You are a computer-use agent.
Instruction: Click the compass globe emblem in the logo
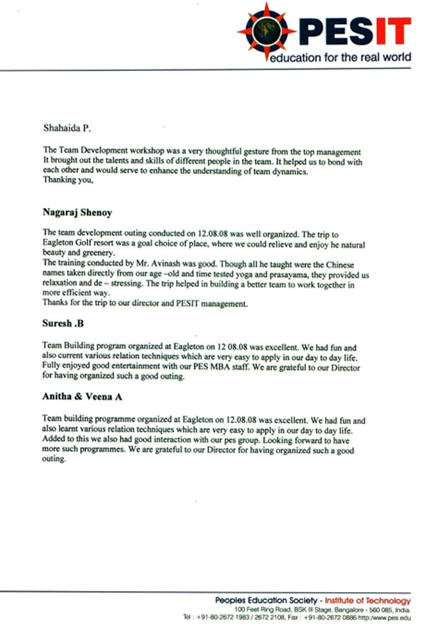pyautogui.click(x=266, y=30)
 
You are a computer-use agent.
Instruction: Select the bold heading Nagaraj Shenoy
pyautogui.click(x=78, y=212)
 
